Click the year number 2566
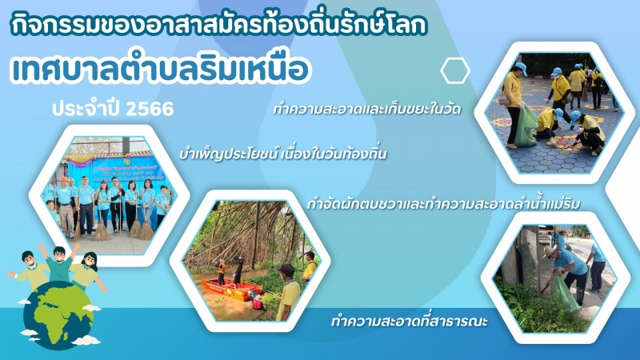pos(150,109)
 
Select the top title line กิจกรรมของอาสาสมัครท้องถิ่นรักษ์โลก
pos(218,25)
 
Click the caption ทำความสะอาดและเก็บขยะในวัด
pos(367,110)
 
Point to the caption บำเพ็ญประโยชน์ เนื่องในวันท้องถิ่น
pos(283,154)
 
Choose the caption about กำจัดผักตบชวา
pos(443,203)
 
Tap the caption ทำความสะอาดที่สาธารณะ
pos(410,321)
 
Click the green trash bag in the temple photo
pos(525,127)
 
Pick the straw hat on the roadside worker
pos(550,251)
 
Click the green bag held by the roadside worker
pos(566,292)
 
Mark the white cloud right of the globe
pos(92,308)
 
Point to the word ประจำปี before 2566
pos(87,109)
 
